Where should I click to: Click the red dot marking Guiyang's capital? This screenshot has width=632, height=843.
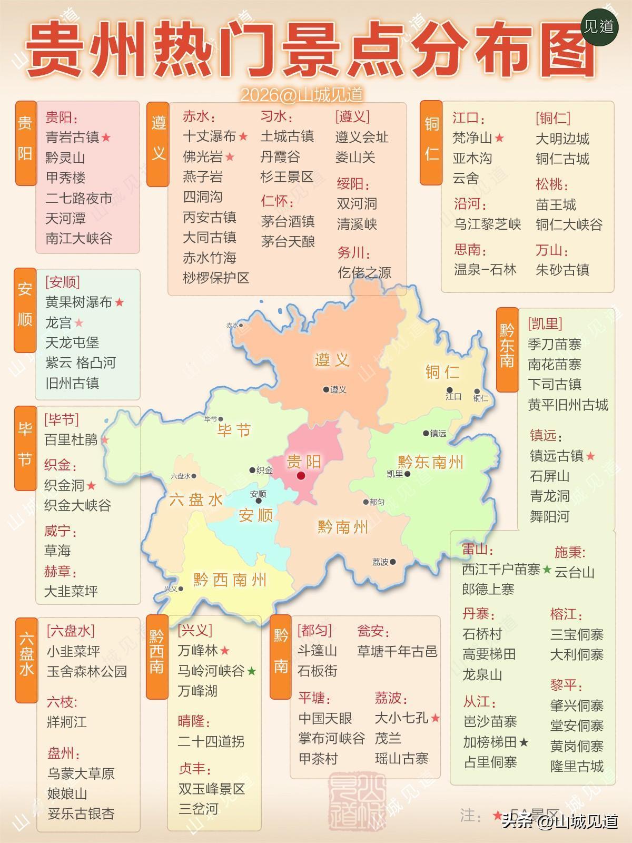pos(301,475)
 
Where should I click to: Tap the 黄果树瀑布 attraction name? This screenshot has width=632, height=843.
pos(79,302)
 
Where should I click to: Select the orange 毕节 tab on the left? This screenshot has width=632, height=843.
pos(25,448)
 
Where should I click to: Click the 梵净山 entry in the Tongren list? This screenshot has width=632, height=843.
pos(472,138)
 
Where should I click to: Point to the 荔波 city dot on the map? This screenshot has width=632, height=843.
pos(393,562)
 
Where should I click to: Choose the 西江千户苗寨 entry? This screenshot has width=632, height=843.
pos(501,570)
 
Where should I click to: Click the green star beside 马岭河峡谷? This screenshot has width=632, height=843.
pos(252,671)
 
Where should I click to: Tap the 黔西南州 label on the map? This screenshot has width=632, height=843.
pos(230,580)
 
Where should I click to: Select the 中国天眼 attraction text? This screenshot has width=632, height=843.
pos(325,718)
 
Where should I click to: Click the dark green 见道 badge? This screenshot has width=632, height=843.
pos(599,26)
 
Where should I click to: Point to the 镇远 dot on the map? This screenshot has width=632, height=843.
pos(426,433)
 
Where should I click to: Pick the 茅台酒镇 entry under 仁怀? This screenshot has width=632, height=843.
pos(288,221)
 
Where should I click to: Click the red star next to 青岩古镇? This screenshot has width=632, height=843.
pos(106,138)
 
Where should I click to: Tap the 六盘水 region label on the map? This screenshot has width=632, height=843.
pos(196,499)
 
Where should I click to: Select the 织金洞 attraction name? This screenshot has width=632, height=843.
pos(64,485)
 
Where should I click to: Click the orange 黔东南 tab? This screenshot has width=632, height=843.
pos(507,349)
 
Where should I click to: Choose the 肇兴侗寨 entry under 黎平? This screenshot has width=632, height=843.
pos(577,705)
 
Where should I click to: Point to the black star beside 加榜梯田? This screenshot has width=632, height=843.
pos(524,742)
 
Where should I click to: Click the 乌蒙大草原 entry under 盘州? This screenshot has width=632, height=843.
pos(81,773)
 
